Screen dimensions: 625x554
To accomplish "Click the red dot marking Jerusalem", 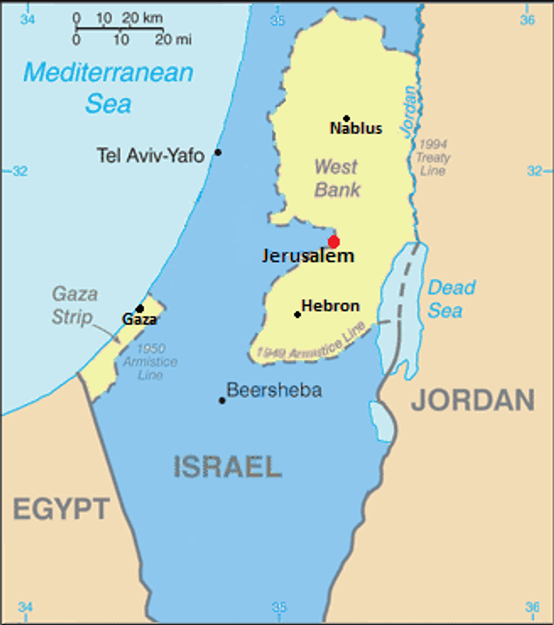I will click(334, 242).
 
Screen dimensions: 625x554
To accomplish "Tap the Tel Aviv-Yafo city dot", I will click(218, 152).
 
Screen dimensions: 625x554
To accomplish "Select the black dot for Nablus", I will click(347, 118).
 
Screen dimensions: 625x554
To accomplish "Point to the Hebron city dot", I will click(297, 314).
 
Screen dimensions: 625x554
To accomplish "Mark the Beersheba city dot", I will click(222, 400).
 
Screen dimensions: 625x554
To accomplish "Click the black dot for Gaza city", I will click(140, 308).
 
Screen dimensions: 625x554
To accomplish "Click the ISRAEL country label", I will click(227, 467).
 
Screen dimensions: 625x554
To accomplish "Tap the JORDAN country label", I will click(473, 400).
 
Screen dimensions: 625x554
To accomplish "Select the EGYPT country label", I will click(61, 510).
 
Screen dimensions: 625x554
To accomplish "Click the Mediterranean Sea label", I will click(108, 88).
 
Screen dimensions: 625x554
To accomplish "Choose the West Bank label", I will click(337, 178).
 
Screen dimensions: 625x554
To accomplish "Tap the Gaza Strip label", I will click(74, 305).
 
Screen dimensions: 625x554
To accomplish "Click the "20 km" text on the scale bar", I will click(142, 18).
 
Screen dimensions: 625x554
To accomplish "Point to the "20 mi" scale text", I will click(173, 40).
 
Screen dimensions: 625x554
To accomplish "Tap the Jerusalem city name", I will click(308, 256).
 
